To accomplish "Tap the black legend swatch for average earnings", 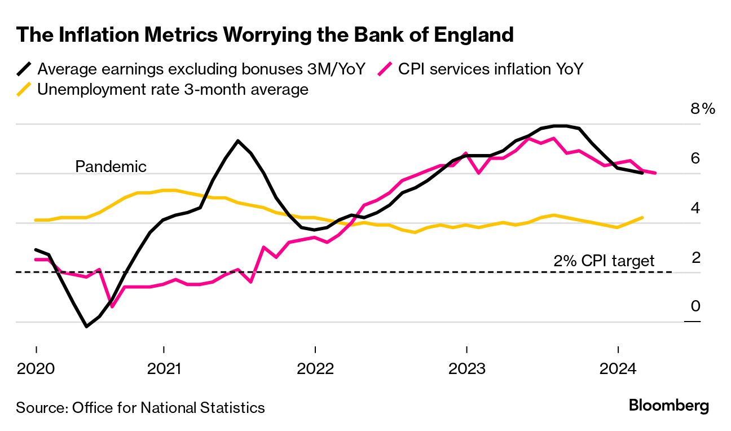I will (24, 69).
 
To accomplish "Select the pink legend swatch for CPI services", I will (385, 69).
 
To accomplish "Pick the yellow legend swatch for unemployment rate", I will (24, 89).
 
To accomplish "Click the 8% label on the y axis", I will (702, 109).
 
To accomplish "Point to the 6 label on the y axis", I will (695, 159).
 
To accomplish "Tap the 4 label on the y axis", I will (695, 208).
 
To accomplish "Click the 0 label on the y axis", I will (695, 306).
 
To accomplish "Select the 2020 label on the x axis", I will (36, 370).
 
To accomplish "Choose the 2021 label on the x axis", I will (164, 370).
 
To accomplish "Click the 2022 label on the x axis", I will (315, 370).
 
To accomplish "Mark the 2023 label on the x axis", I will (466, 370).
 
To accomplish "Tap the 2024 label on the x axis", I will (618, 370).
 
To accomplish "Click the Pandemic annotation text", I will (111, 167).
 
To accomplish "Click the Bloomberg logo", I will (668, 406).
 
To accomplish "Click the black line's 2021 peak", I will (238, 140).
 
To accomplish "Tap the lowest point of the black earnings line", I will (86, 326).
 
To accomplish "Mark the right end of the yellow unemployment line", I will (643, 217).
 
